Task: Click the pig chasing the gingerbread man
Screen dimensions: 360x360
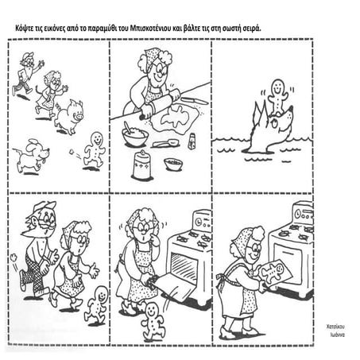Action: (69, 116)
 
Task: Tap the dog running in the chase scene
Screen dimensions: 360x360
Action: (31, 157)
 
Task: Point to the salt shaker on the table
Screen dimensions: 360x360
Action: (192, 141)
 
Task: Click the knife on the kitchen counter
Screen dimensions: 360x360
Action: (195, 100)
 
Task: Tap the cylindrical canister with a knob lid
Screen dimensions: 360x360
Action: (142, 165)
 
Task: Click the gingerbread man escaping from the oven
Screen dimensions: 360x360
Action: (152, 321)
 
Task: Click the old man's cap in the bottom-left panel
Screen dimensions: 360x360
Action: (43, 207)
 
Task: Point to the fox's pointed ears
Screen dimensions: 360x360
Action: (259, 111)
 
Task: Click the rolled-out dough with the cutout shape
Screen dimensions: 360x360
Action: (175, 118)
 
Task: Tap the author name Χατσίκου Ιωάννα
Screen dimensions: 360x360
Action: (336, 331)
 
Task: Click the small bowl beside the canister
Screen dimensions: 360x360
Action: (173, 164)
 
